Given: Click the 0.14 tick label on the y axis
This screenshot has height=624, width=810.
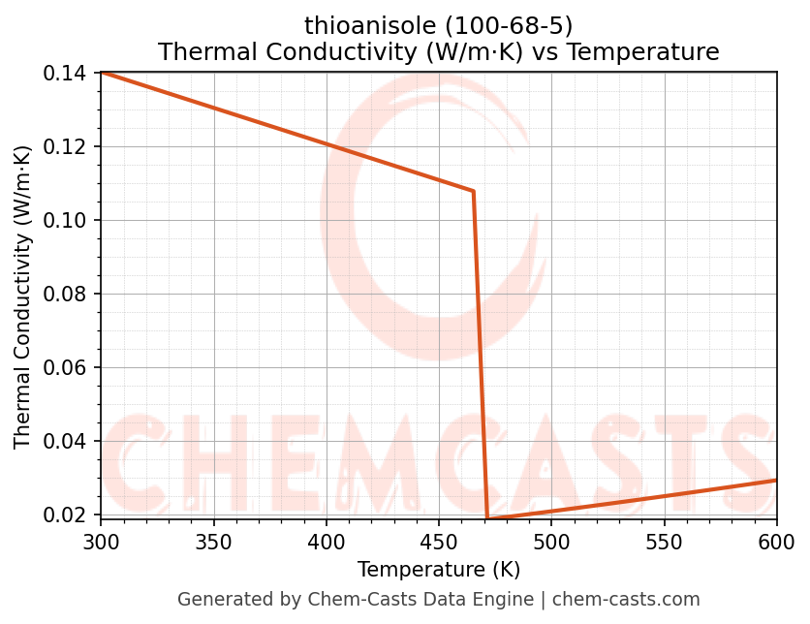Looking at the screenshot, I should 71,74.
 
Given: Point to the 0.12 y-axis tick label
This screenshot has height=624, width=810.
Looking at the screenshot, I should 71,147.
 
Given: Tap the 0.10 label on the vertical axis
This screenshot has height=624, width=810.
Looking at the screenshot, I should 71,221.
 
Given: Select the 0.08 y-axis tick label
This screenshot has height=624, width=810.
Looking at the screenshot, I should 71,295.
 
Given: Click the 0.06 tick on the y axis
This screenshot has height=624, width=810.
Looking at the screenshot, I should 71,368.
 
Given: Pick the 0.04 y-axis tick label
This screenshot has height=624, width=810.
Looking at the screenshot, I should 71,442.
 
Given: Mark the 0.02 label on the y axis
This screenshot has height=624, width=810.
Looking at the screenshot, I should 71,515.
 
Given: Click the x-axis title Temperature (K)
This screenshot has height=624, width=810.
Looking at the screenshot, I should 438,570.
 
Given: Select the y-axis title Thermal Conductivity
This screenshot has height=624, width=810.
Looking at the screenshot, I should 23,296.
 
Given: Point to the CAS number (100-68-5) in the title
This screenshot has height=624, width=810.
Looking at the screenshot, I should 499,26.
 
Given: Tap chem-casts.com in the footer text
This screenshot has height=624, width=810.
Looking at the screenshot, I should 626,600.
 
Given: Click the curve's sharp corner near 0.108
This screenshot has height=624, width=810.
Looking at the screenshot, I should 473,191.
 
